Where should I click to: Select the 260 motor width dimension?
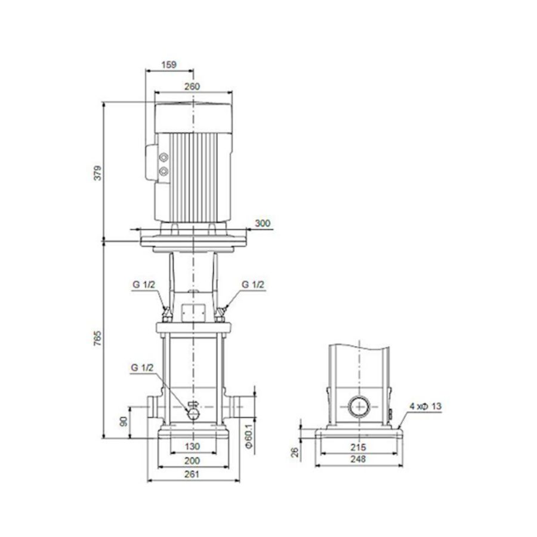pos(192,87)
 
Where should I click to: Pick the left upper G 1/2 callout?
pos(143,285)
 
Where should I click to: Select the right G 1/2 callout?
pos(254,285)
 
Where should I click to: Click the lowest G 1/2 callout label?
pos(143,369)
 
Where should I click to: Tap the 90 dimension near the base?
pos(124,421)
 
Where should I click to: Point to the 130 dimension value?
pos(192,446)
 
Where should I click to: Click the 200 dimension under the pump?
pos(192,461)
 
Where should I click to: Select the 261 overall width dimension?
pos(192,475)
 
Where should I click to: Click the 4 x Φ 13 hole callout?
pos(425,406)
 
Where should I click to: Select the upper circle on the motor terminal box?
pos(164,158)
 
